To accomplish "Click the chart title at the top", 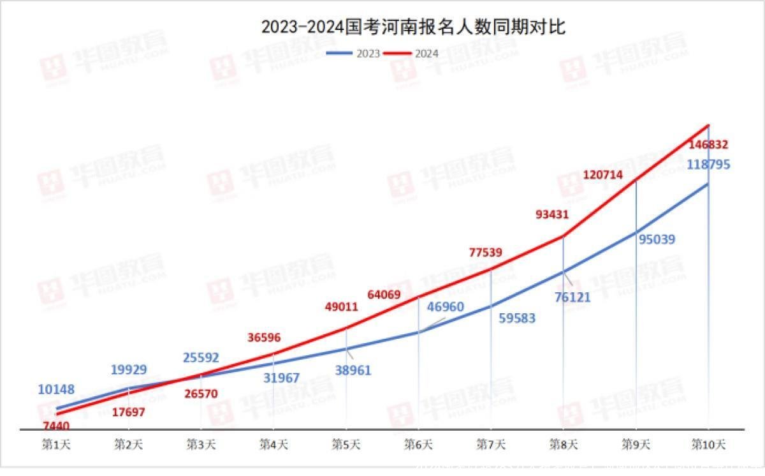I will click(413, 27).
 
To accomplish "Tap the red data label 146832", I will click(708, 145).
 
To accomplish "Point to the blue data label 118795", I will click(708, 165).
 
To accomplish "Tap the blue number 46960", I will click(445, 307).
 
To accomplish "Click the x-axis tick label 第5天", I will click(346, 444).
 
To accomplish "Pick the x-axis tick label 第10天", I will click(708, 444).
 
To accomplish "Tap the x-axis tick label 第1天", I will click(56, 444).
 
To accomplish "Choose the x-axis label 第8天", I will click(564, 444).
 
